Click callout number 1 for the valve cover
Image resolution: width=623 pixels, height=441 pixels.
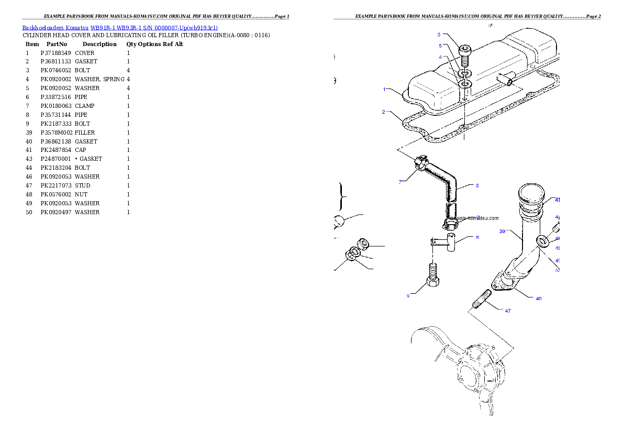pos(384,90)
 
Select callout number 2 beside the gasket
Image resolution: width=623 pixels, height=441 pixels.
pos(384,112)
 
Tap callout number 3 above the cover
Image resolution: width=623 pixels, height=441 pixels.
pos(439,35)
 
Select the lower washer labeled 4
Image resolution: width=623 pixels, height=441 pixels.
pos(465,84)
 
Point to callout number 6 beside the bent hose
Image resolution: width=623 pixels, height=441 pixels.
pos(477,185)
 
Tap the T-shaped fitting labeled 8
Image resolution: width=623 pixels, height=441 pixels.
pos(449,244)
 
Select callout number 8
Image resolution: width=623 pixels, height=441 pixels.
pos(477,237)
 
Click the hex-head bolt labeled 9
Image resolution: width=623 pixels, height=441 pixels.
pos(432,277)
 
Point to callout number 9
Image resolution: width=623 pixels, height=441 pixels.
pos(408,296)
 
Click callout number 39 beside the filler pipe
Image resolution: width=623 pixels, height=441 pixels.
pos(502,231)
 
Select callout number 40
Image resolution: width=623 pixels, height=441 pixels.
pos(538,299)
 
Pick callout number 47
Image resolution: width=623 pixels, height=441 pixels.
pos(507,311)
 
